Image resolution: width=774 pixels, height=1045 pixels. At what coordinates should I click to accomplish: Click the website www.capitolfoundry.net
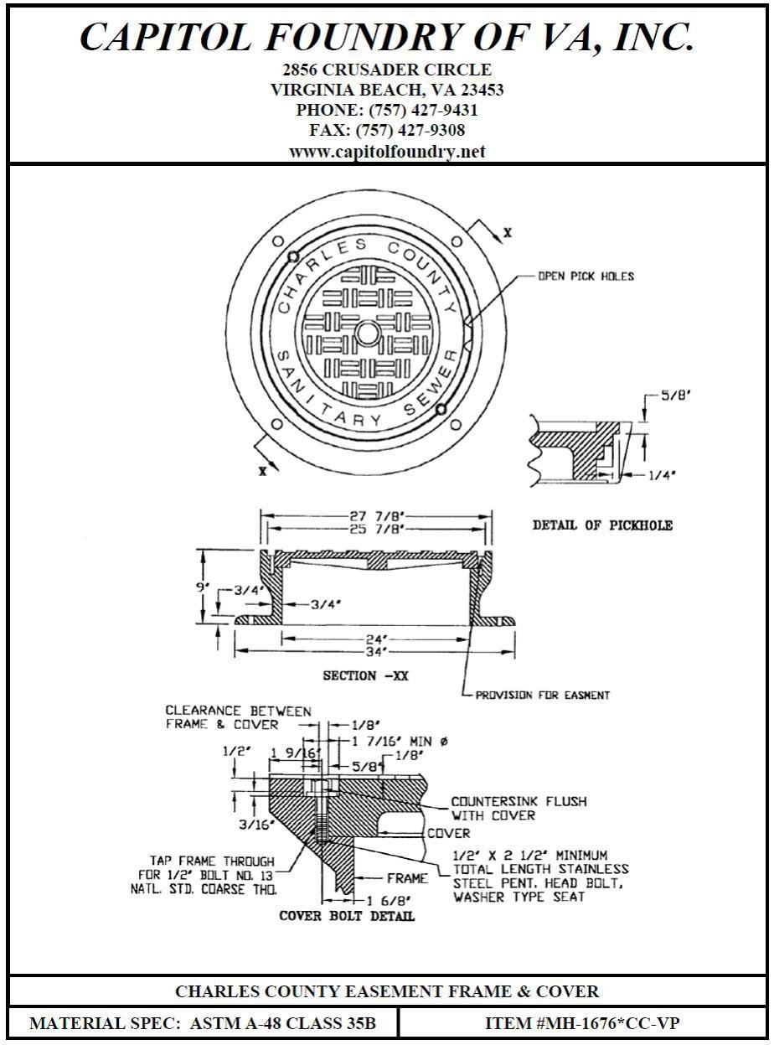pyautogui.click(x=387, y=152)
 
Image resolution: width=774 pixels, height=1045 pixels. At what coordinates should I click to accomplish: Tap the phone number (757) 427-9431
pyautogui.click(x=387, y=110)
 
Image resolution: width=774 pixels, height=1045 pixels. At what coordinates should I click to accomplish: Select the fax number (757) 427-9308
pyautogui.click(x=387, y=131)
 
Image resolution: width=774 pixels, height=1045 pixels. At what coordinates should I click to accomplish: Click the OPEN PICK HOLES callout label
pyautogui.click(x=586, y=276)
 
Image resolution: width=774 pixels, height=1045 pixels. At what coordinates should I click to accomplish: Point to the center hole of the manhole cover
pyautogui.click(x=367, y=334)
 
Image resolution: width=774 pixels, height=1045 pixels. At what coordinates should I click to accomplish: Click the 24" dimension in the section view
pyautogui.click(x=374, y=639)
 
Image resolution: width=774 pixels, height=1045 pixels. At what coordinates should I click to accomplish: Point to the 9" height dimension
pyautogui.click(x=202, y=587)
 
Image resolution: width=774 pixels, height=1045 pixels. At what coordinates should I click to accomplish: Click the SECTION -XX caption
pyautogui.click(x=366, y=675)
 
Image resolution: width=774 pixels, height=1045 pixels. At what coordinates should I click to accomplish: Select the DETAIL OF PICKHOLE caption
pyautogui.click(x=602, y=525)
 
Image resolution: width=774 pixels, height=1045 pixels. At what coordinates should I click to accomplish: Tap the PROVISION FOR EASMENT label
pyautogui.click(x=542, y=695)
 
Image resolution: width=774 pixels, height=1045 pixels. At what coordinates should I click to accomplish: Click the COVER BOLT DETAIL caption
pyautogui.click(x=347, y=916)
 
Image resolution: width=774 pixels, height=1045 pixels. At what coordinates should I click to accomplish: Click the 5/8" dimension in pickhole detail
pyautogui.click(x=675, y=394)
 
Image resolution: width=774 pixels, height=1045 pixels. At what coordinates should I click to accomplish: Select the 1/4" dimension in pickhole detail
pyautogui.click(x=662, y=474)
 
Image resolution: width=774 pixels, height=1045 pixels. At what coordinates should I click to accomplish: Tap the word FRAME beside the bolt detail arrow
pyautogui.click(x=407, y=878)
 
